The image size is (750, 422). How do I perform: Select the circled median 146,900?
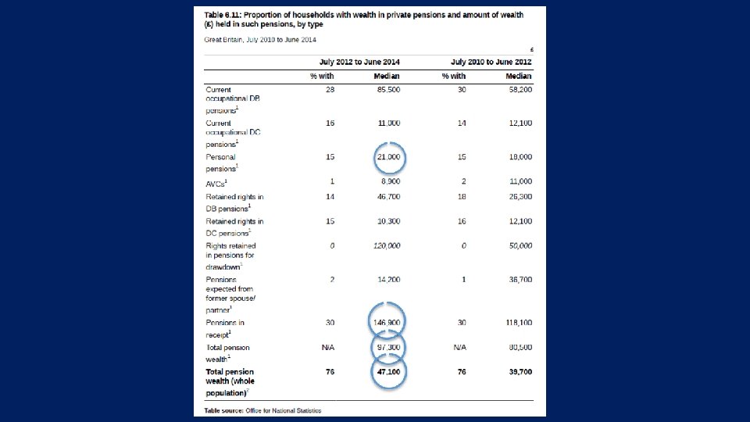point(388,322)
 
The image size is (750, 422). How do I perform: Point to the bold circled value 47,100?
point(388,372)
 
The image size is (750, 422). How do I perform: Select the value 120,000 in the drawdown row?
point(387,245)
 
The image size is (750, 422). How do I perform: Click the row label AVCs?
point(216,182)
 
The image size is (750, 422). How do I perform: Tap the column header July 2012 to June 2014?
point(359,62)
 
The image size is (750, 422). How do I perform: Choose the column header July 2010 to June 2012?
point(491,62)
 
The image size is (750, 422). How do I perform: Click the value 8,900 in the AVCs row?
point(390,181)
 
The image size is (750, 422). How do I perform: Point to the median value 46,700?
point(388,197)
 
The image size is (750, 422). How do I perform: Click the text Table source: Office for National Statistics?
point(263,410)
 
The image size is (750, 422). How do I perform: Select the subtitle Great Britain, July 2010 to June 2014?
point(261,40)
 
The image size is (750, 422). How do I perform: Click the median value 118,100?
point(517,322)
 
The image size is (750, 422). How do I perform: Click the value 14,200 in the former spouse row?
point(388,279)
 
